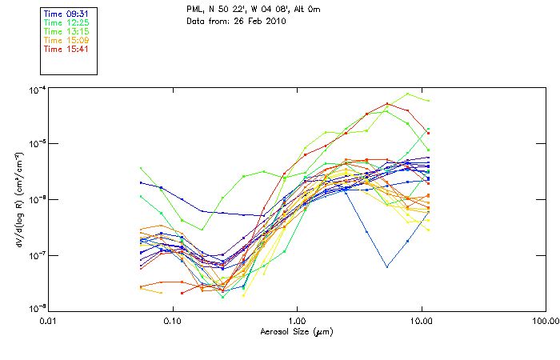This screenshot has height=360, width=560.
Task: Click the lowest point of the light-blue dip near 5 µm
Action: coord(387,266)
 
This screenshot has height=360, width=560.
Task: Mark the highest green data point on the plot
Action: coord(408,94)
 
